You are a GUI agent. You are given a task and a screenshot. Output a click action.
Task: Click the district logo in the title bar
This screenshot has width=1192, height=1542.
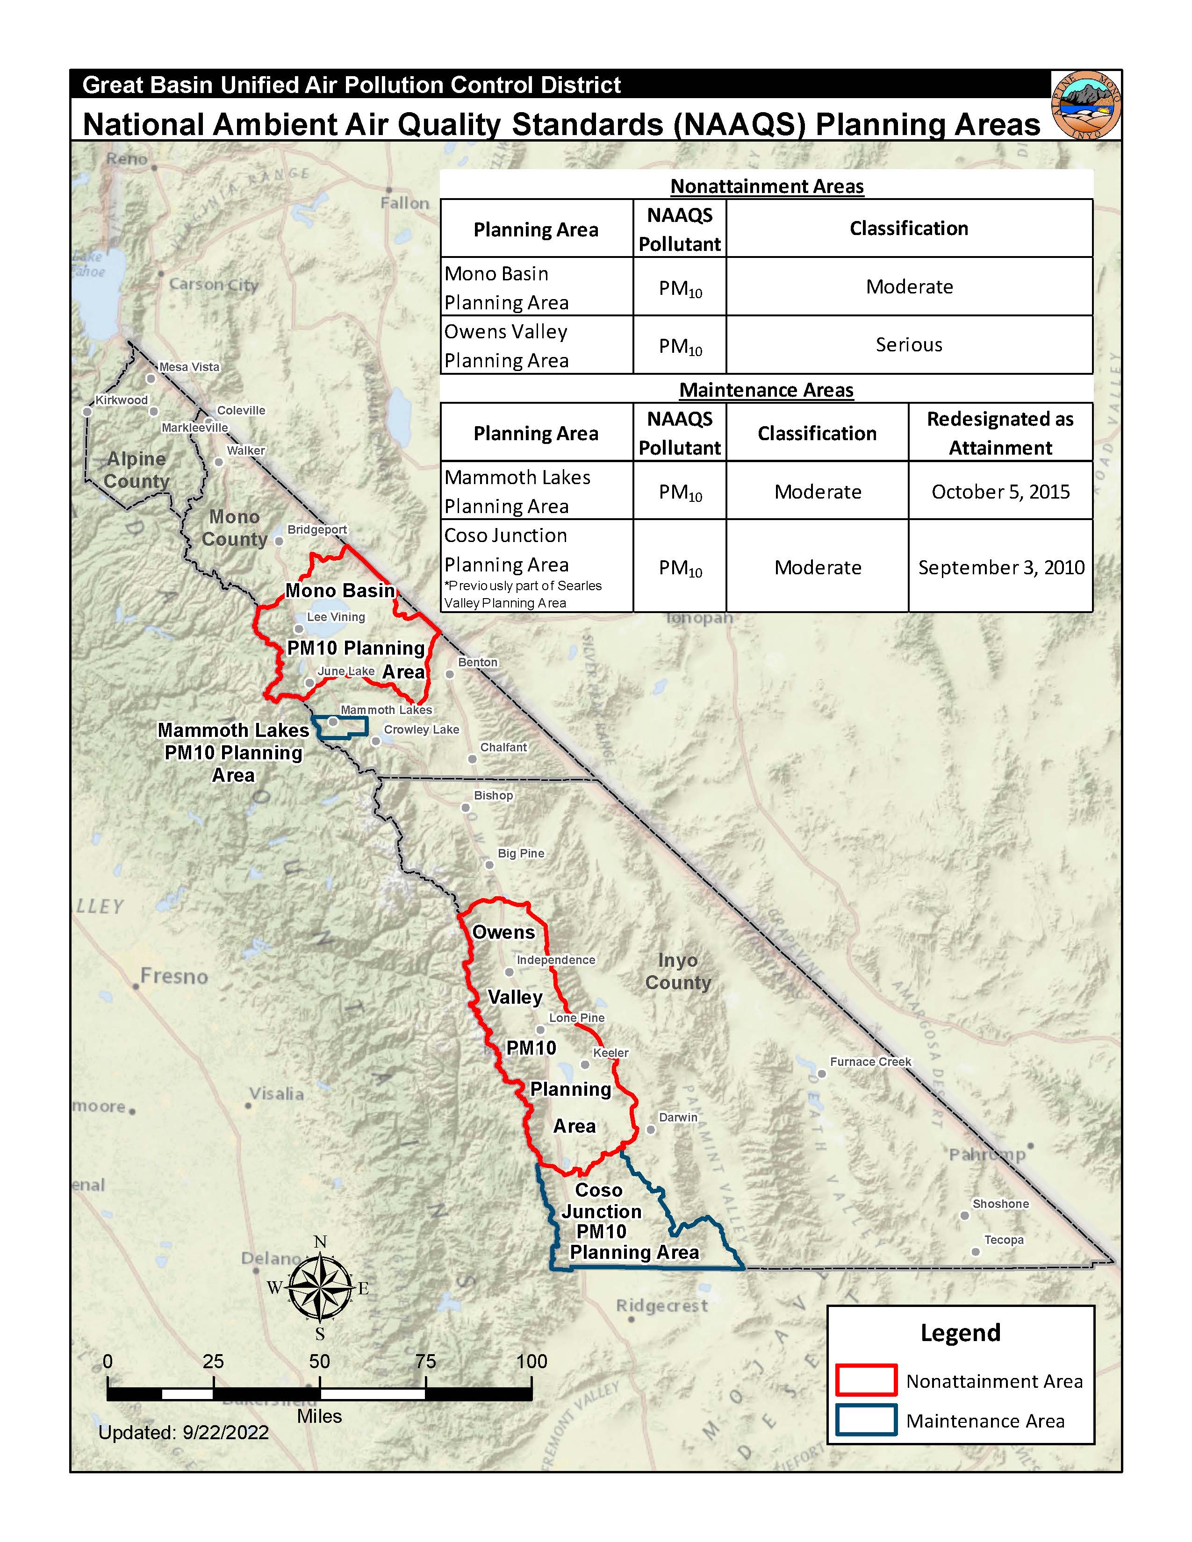1085,105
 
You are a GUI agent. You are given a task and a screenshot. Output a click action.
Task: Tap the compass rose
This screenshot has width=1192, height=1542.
320,1287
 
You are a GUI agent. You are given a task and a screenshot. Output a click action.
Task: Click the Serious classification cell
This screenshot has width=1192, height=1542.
908,344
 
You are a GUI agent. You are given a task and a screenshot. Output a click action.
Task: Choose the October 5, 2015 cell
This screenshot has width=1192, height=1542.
1000,492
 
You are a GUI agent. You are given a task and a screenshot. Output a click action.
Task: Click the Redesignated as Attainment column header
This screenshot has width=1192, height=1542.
1000,433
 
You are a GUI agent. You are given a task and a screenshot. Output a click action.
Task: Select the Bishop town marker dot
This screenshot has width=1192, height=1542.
466,807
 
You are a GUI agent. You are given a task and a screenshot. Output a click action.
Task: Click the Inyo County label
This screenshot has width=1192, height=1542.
678,971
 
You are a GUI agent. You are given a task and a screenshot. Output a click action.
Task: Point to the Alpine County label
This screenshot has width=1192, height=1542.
136,470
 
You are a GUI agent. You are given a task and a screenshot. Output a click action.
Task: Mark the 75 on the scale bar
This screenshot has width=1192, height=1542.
425,1361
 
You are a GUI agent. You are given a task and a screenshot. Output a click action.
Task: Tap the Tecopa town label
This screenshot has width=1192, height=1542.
1004,1239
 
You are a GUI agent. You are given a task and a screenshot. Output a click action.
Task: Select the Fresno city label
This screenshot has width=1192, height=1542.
174,977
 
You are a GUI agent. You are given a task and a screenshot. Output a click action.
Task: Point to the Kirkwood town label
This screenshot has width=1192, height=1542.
122,400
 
